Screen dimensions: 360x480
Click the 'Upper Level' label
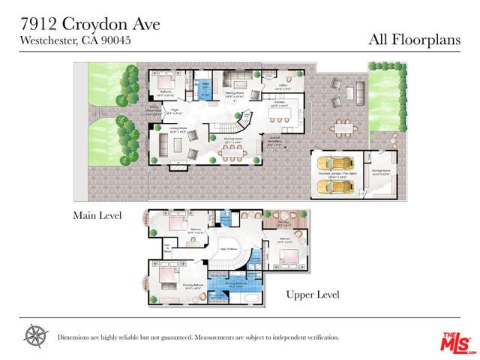tap(313, 294)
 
